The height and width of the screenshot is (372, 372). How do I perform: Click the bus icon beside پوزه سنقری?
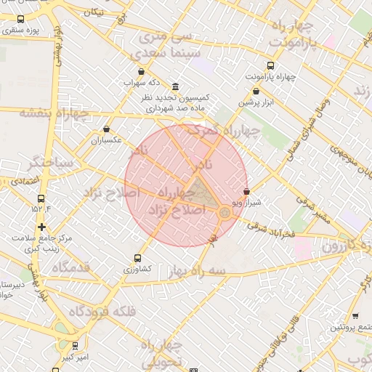pyautogui.click(x=20, y=20)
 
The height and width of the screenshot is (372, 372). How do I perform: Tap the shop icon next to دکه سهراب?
pyautogui.click(x=150, y=71)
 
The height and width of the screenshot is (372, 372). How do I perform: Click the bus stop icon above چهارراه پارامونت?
pyautogui.click(x=271, y=65)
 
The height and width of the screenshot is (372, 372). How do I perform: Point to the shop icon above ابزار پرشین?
pyautogui.click(x=256, y=92)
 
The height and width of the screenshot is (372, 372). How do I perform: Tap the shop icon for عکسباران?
pyautogui.click(x=108, y=129)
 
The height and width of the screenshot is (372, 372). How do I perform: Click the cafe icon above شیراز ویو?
pyautogui.click(x=246, y=192)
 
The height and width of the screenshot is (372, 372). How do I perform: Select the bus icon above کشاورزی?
pyautogui.click(x=138, y=258)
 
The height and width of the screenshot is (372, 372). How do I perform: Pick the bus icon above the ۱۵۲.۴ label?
pyautogui.click(x=40, y=197)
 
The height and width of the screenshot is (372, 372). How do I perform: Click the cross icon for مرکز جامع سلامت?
pyautogui.click(x=41, y=227)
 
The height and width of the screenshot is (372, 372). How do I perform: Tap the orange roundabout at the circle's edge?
pyautogui.click(x=225, y=212)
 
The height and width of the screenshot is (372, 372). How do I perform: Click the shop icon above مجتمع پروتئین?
pyautogui.click(x=355, y=316)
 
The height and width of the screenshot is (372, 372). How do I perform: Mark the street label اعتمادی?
pyautogui.click(x=25, y=179)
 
